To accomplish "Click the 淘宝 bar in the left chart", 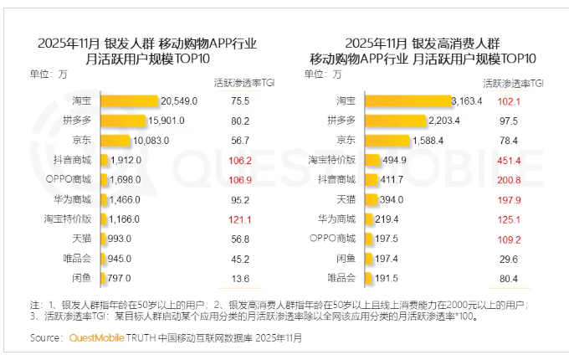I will [x=130, y=100].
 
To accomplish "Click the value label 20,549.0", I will [x=179, y=100].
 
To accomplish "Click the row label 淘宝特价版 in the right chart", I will [x=334, y=159].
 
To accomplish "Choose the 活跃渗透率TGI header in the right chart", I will [x=514, y=84].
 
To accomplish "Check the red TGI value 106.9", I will [x=240, y=178].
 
